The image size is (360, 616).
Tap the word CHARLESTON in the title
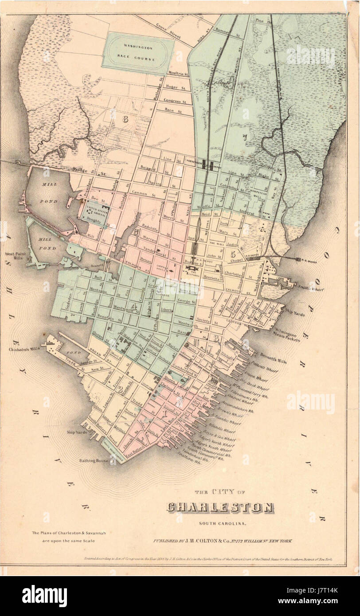coord(220,508)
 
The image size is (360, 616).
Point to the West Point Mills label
coord(16,257)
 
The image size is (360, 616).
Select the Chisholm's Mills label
coord(22,350)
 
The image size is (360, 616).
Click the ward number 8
coord(125,119)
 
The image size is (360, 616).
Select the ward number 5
coord(232,254)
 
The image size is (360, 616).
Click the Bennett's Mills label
coord(273,358)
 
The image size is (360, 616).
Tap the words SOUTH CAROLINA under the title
coord(220,525)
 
